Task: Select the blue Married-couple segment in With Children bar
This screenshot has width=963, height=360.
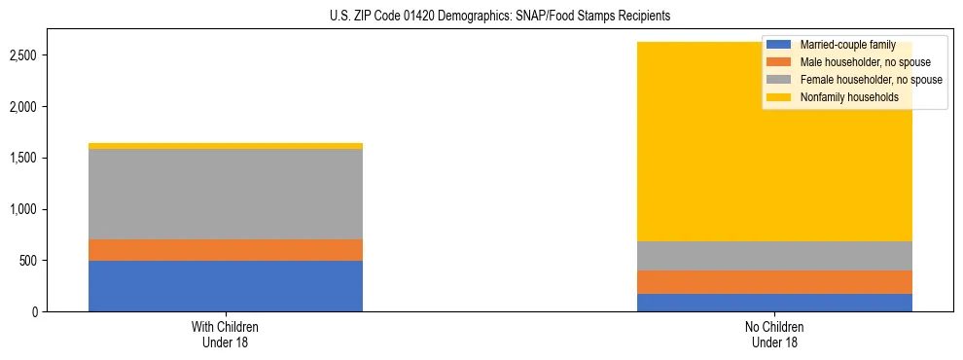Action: [226, 286]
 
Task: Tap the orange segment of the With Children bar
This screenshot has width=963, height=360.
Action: [226, 250]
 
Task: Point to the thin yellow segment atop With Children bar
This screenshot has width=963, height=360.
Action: [226, 146]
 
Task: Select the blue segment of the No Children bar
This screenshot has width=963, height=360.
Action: [774, 303]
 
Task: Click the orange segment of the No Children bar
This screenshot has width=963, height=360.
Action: [774, 282]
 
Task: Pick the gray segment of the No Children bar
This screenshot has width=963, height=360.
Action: [774, 256]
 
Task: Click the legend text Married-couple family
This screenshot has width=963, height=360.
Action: [847, 45]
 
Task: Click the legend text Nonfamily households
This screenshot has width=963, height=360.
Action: [848, 97]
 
